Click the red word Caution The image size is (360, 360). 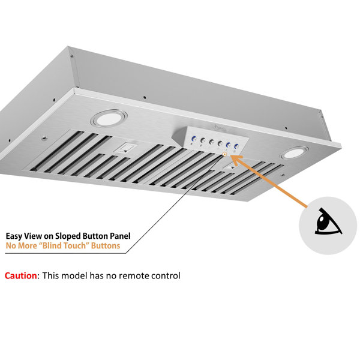coord(20,276)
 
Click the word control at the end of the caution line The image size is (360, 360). coord(164,276)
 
